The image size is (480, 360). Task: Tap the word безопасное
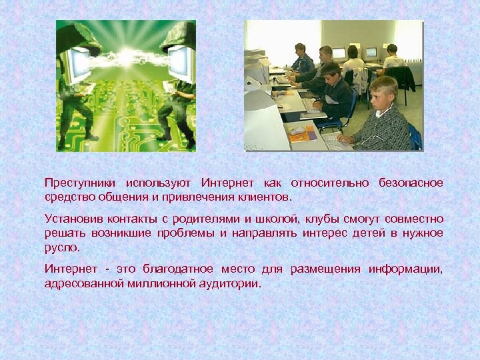click(411, 183)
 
